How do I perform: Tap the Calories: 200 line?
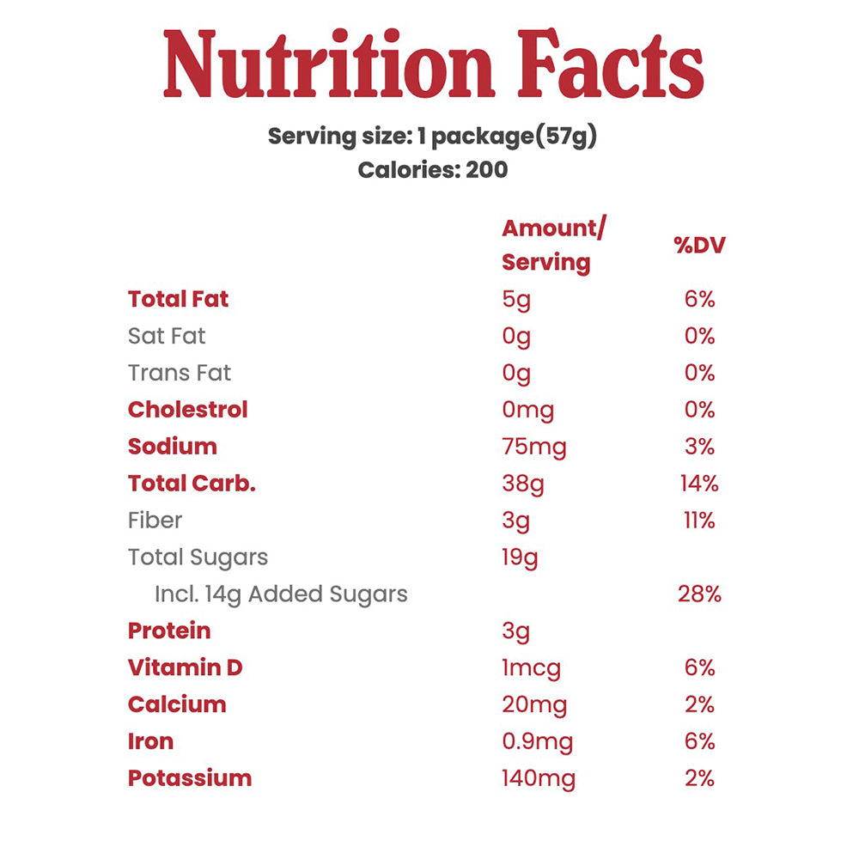[432, 169]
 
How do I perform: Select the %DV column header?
[699, 245]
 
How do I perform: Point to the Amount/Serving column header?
[553, 245]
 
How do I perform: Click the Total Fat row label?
[178, 299]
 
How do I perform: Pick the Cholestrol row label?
[187, 410]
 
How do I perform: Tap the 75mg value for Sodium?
[533, 447]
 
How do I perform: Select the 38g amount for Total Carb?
[522, 484]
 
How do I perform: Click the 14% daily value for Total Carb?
[698, 484]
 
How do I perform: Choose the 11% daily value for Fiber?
[698, 521]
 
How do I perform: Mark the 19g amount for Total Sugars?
[520, 557]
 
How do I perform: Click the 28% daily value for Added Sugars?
[698, 594]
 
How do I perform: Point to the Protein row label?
[169, 631]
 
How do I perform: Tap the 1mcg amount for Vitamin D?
[531, 667]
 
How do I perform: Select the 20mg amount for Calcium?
[534, 704]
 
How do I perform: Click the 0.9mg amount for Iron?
[537, 741]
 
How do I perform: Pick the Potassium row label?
[190, 778]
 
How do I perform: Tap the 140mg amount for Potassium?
[538, 778]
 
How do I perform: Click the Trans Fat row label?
[179, 373]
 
